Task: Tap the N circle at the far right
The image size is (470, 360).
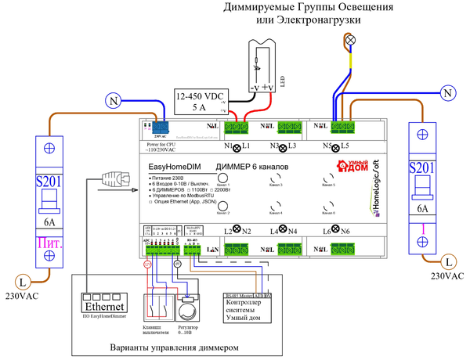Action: pos(447,92)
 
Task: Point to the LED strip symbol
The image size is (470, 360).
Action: pos(262,59)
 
